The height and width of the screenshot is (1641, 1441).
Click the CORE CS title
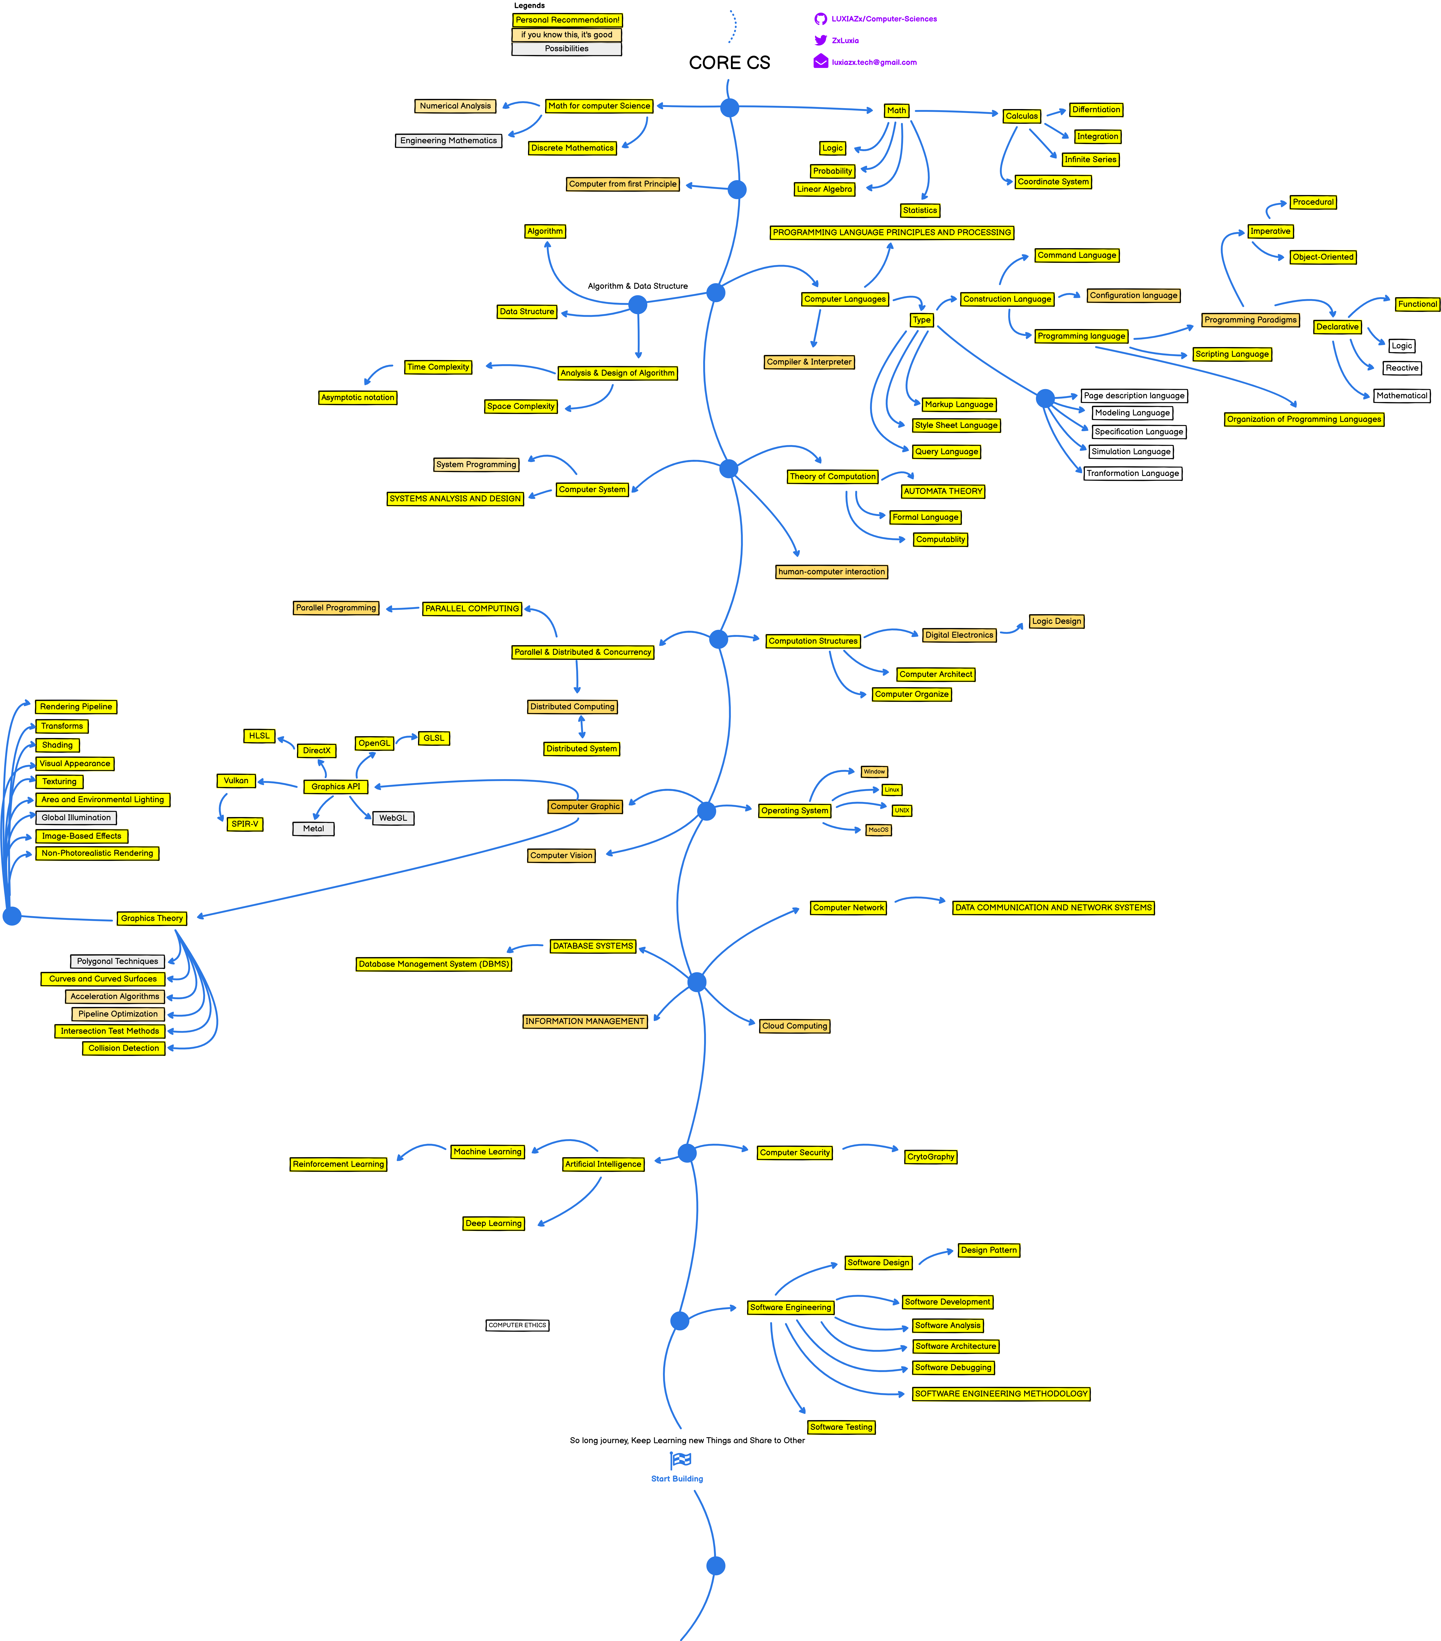click(x=729, y=63)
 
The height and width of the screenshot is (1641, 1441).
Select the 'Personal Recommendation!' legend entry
click(x=567, y=20)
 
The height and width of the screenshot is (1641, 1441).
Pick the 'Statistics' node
click(x=919, y=210)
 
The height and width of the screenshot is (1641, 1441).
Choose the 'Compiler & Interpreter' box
click(x=808, y=362)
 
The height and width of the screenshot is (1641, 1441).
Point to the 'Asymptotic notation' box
click(x=357, y=397)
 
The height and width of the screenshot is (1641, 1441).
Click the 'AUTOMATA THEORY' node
click(x=943, y=491)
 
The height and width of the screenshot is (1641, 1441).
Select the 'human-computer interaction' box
click(x=831, y=572)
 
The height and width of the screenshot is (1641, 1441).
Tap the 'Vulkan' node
click(x=236, y=780)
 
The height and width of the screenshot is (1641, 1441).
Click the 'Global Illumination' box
click(x=76, y=817)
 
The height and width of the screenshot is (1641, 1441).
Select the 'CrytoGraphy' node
click(x=930, y=1157)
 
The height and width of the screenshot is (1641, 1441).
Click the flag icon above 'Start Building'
click(x=680, y=1460)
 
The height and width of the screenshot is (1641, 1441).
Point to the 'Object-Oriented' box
click(x=1322, y=257)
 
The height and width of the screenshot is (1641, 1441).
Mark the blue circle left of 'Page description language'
click(x=1044, y=398)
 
